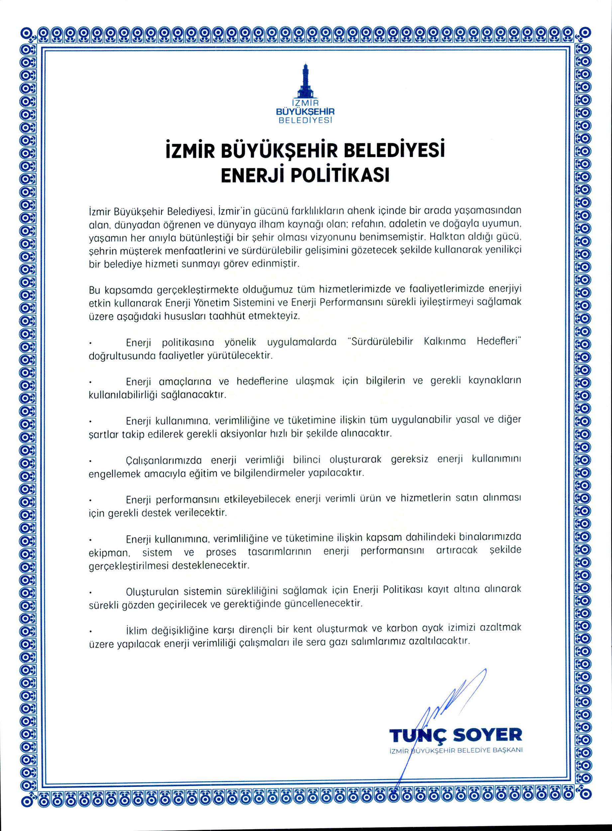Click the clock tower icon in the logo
(305, 80)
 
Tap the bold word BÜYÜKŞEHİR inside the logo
(305, 112)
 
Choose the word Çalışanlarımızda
(164, 460)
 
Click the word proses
(221, 552)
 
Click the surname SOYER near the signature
(487, 735)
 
